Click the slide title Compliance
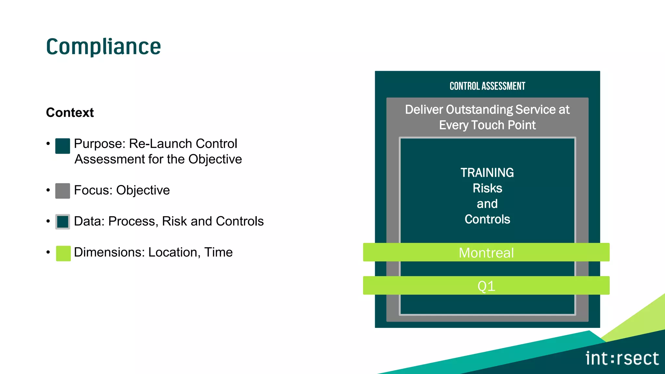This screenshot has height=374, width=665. click(103, 47)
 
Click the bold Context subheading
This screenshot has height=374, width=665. click(70, 113)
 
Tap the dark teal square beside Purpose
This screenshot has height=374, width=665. click(63, 146)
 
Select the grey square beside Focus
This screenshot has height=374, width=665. click(63, 191)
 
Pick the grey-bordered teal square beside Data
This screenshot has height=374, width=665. click(63, 222)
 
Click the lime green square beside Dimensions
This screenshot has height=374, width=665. click(63, 253)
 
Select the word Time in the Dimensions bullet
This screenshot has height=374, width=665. click(218, 252)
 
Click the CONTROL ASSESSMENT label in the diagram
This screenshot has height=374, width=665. click(487, 86)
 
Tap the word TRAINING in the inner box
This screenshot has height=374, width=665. click(487, 173)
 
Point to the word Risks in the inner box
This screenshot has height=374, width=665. click(487, 188)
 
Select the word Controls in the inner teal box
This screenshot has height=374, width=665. click(487, 219)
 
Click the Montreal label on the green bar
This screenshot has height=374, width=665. click(486, 253)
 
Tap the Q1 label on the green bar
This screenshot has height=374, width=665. click(486, 286)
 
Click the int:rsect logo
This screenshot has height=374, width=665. click(622, 358)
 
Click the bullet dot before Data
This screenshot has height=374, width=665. click(48, 221)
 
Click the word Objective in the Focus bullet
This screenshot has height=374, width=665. click(143, 190)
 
